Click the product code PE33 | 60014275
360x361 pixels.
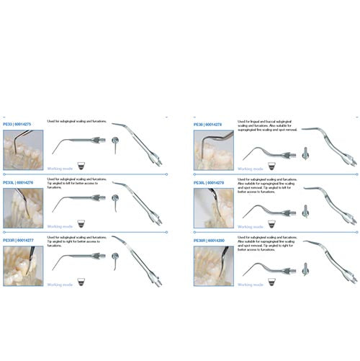pyautogui.click(x=22, y=123)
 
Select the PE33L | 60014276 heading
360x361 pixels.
pyautogui.click(x=22, y=183)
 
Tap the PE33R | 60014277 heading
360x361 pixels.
pyautogui.click(x=22, y=239)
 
